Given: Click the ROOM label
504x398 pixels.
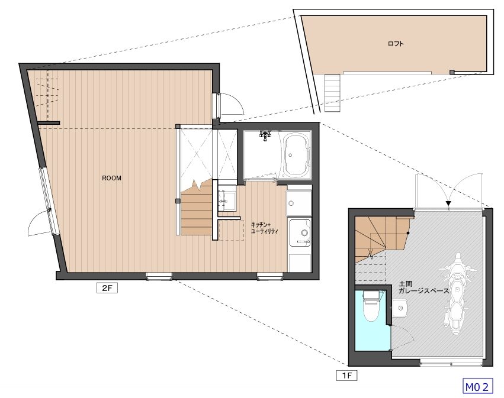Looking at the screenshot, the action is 111,178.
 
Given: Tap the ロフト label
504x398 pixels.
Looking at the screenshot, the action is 396,44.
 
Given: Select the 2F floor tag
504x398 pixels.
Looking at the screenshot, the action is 107,288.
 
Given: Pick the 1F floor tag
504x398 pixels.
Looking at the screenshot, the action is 347,375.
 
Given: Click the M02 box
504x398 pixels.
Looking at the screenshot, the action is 477,386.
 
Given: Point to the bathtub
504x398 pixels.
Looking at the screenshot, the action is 296,156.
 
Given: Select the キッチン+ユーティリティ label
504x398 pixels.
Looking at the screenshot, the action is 264,228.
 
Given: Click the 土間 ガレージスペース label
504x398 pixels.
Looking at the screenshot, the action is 423,287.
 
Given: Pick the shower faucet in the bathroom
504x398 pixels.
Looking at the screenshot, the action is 265,136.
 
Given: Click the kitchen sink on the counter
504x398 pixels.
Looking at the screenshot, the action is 300,232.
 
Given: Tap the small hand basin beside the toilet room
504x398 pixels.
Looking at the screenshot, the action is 400,308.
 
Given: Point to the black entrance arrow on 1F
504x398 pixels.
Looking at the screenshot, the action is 448,203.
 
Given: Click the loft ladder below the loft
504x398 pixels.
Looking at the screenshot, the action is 332,93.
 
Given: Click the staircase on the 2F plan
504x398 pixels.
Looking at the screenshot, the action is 197,208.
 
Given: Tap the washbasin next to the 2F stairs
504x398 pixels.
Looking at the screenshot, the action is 227,200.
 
